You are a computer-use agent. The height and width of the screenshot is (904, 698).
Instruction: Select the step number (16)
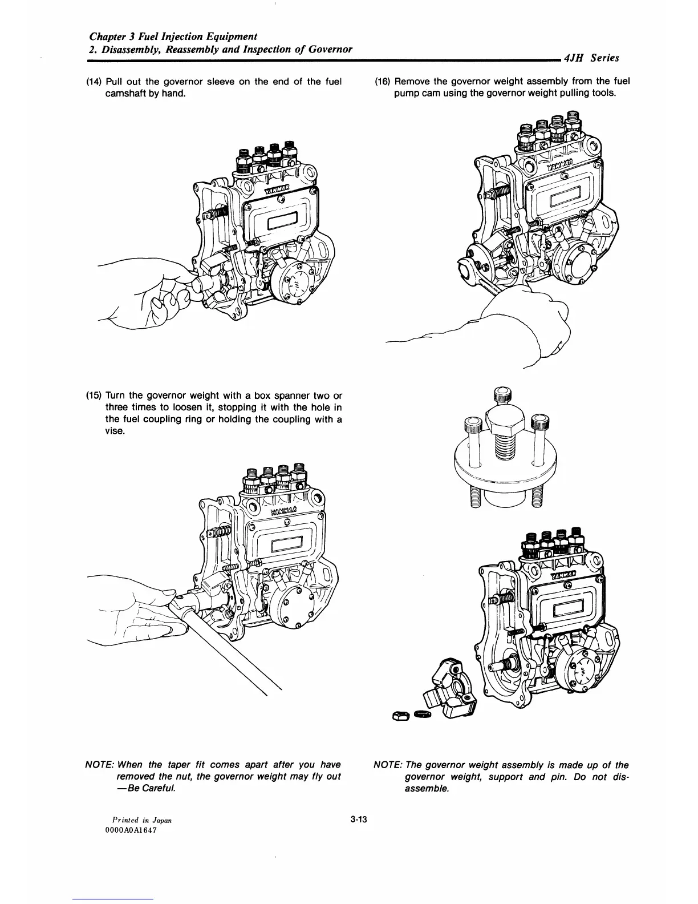click(x=382, y=82)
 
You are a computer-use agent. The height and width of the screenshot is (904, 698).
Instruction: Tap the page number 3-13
click(x=359, y=820)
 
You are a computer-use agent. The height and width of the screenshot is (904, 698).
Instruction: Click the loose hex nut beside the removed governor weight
click(x=399, y=715)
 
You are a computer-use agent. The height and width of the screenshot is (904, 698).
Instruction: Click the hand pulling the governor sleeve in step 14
click(x=165, y=300)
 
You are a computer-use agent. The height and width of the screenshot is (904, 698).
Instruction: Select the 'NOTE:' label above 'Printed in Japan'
click(x=98, y=765)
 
